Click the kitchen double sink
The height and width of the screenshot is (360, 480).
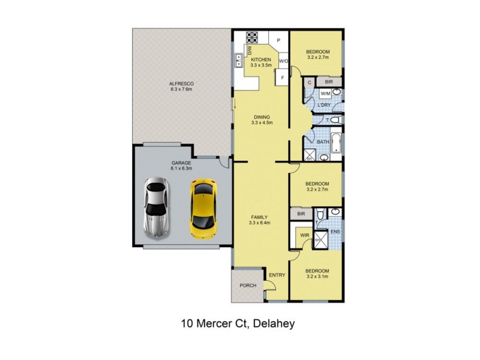[x=238, y=59]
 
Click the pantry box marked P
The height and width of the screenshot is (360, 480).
[x=278, y=40]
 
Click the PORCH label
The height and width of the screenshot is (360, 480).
[x=248, y=286]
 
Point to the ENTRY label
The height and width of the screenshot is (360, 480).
[x=277, y=275]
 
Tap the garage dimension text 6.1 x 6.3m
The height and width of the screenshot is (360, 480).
[x=181, y=169]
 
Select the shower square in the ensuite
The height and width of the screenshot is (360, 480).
[x=320, y=240]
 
